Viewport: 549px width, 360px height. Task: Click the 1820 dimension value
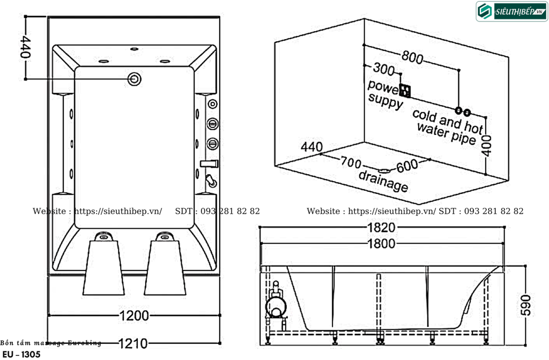(381, 227)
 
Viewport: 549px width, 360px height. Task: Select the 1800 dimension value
(381, 244)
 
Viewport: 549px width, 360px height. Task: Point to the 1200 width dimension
(133, 316)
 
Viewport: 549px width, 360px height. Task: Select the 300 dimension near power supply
(384, 70)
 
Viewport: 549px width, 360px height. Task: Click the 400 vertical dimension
(486, 145)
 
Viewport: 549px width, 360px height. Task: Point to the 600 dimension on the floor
(407, 166)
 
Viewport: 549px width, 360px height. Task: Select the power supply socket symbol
(405, 91)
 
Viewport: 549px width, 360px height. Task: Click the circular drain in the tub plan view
(134, 79)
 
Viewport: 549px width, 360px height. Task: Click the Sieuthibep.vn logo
(511, 12)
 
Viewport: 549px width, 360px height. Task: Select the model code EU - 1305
(21, 354)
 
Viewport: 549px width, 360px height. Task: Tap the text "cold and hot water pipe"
(447, 126)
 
